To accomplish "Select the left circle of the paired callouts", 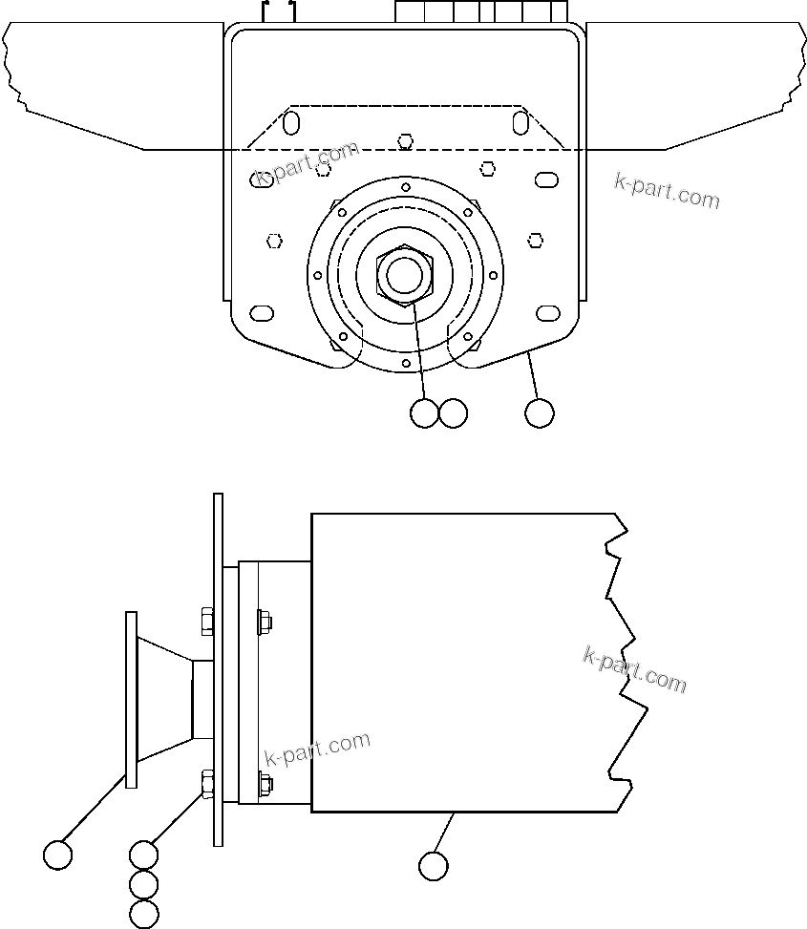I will (423, 413).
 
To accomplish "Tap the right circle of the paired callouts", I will (453, 413).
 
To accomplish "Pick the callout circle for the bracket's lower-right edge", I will (540, 413).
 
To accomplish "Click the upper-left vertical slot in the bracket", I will (292, 122).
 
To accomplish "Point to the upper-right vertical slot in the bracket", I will (520, 122).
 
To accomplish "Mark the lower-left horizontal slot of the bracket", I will (262, 313).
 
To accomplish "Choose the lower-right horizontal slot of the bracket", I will (548, 313).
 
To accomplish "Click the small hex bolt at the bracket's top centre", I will (406, 141).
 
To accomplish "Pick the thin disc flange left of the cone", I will (131, 700).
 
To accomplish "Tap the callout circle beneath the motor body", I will (433, 866).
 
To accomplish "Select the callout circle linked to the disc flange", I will (58, 855).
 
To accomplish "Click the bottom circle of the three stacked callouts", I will (143, 914).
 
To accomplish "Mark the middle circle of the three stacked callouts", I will (143, 884).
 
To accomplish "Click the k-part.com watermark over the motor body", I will (634, 669).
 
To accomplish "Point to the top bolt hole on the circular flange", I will (406, 187).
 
